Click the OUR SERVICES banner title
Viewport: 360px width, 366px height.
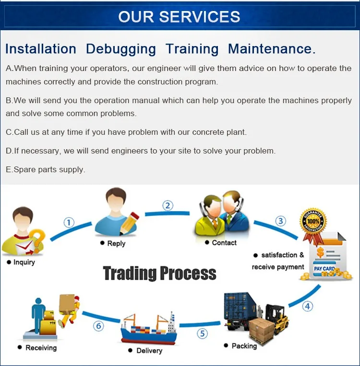coord(179,16)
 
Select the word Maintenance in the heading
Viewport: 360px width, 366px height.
coord(272,49)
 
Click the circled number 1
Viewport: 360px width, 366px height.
coord(70,222)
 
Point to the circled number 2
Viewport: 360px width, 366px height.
coord(168,205)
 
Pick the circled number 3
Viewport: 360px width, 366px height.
coord(280,221)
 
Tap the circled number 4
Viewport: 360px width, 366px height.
coord(307,306)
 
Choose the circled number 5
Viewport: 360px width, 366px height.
coord(202,333)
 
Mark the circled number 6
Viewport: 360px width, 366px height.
coord(98,326)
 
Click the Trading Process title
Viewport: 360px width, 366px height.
coord(160,273)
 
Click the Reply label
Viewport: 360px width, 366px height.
coord(116,243)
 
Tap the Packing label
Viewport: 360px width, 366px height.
coord(244,345)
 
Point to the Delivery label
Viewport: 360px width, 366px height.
coord(149,351)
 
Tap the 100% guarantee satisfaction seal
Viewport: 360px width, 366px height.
coord(313,222)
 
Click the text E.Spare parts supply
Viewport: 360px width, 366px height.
coord(46,169)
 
